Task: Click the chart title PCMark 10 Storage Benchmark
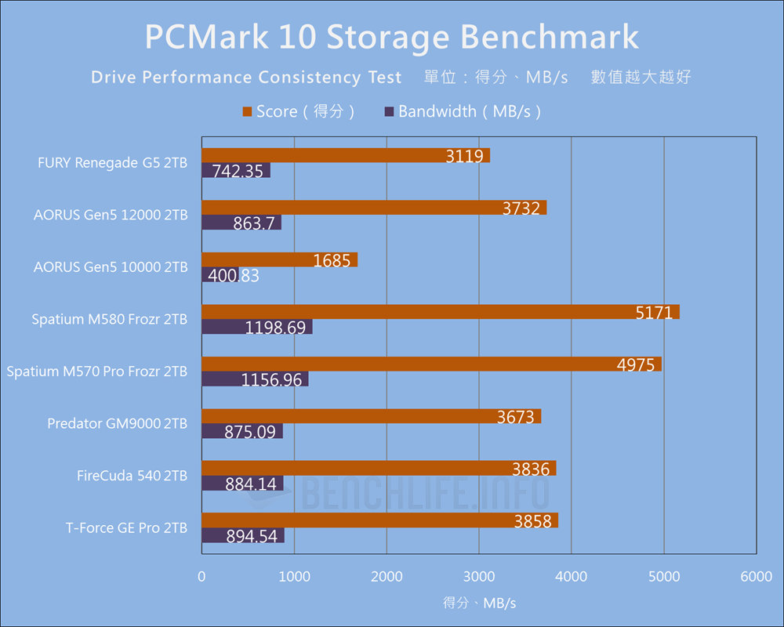392,38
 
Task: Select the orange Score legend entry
300,111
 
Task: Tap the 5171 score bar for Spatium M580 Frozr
440,312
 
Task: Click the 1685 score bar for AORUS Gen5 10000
279,259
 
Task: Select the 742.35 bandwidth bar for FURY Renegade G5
236,170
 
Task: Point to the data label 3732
522,208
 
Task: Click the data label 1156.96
275,379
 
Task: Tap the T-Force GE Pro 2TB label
126,528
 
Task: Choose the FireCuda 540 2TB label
132,476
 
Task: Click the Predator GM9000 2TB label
118,424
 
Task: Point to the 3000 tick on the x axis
479,577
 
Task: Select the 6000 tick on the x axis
756,577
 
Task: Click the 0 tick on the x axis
202,577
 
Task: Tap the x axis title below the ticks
479,603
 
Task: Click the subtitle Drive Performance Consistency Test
246,77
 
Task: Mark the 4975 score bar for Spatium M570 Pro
431,364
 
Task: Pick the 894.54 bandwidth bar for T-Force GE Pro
243,535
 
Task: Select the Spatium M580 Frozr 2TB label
110,320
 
